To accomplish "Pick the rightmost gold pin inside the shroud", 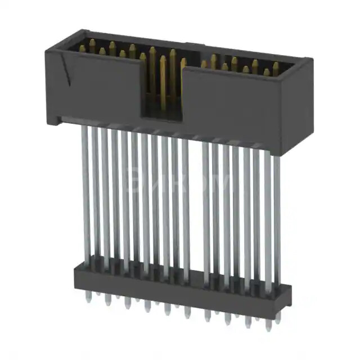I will point(276,69).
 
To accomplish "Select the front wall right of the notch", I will point(236,112).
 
